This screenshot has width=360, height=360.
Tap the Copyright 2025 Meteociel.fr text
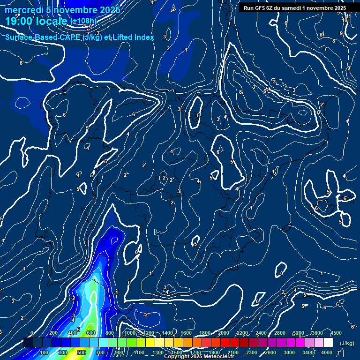(x=199, y=357)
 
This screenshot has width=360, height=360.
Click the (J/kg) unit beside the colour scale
(x=346, y=344)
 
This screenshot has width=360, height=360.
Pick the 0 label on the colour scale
(x=32, y=333)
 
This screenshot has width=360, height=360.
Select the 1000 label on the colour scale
(x=130, y=333)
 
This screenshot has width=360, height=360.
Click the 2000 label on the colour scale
(x=223, y=333)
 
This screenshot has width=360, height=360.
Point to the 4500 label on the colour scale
(x=336, y=333)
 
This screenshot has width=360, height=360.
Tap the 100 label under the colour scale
(x=44, y=352)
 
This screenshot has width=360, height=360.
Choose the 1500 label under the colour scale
(x=176, y=352)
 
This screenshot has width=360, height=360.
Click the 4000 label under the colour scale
(x=327, y=352)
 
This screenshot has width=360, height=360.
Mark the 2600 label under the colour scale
(x=270, y=352)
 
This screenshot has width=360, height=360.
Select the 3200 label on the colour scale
(x=298, y=333)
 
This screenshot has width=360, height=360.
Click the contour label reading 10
(x=345, y=21)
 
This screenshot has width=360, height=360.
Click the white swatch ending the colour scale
(x=328, y=343)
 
